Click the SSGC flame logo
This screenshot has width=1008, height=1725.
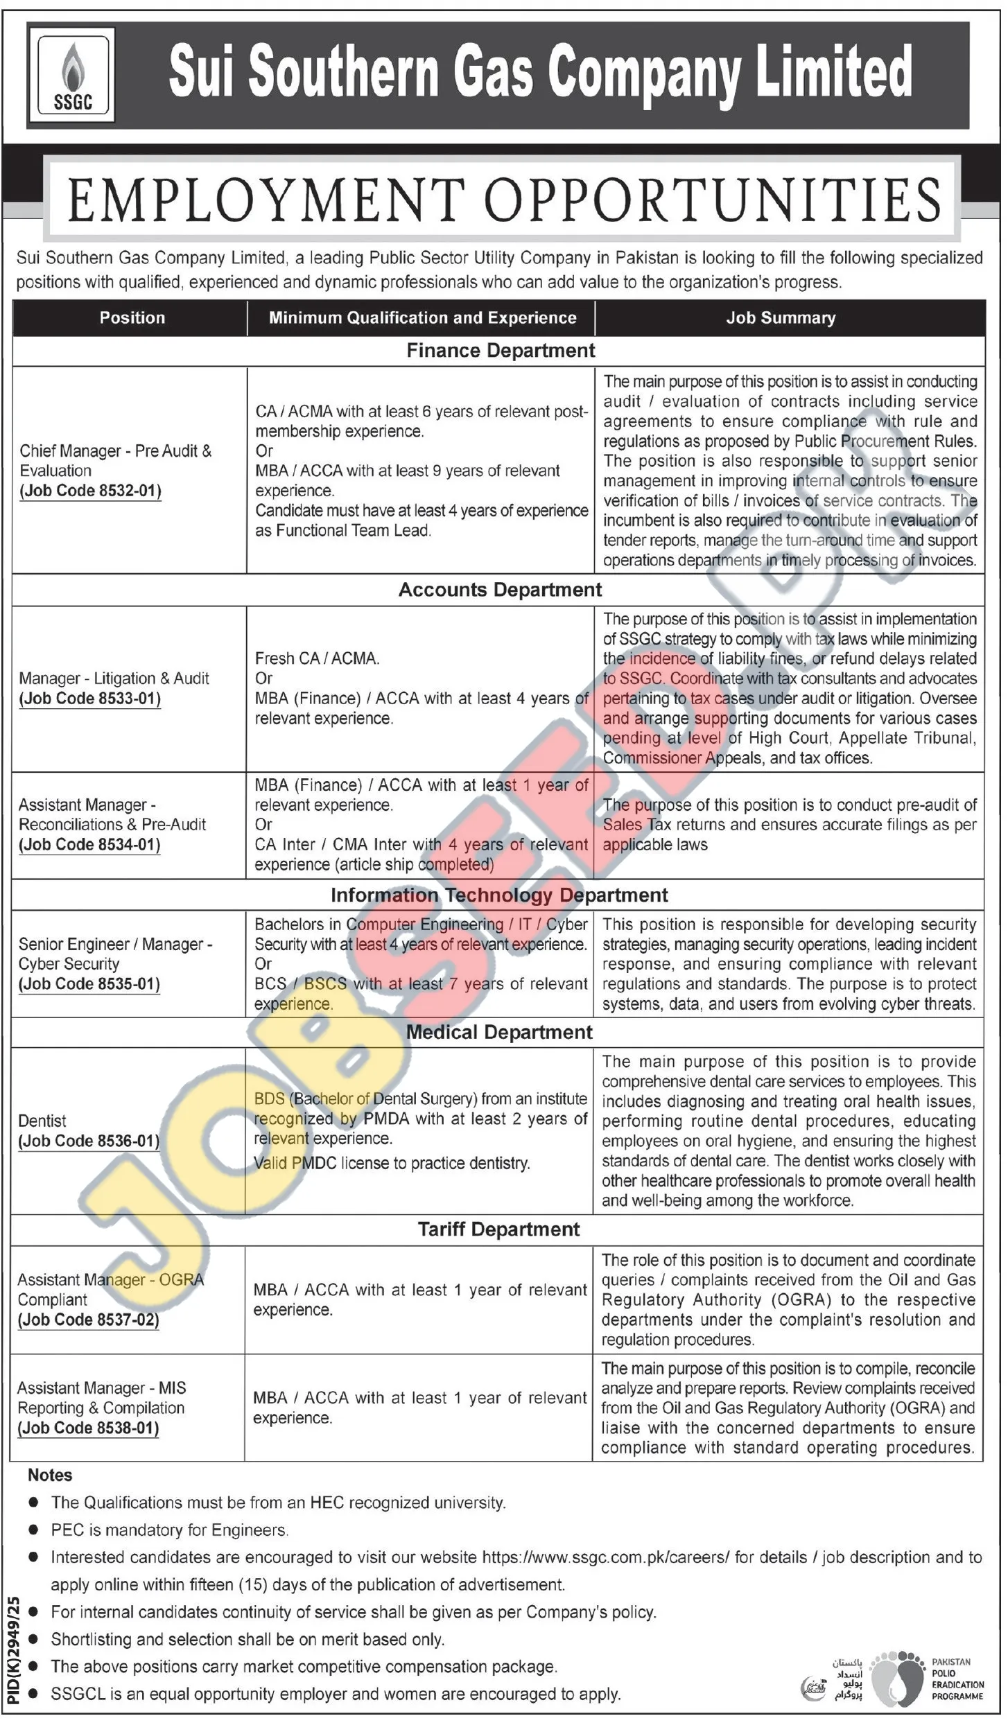coord(72,76)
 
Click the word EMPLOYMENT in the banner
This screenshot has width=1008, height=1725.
coord(266,200)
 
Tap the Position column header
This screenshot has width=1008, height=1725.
coord(132,318)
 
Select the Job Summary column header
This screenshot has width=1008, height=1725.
coord(781,318)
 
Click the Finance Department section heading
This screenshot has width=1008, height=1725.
coord(501,351)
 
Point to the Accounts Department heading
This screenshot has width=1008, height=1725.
coord(500,590)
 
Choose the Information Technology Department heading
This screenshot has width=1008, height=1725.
coord(499,895)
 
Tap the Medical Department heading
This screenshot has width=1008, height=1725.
coord(499,1032)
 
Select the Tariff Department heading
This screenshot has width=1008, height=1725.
coord(498,1229)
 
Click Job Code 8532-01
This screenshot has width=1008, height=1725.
coord(90,491)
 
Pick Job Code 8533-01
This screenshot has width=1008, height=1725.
coord(90,698)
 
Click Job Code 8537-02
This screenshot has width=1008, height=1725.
coord(89,1320)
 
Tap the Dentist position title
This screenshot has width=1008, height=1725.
coord(42,1121)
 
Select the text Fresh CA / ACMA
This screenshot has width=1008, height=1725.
coord(317,658)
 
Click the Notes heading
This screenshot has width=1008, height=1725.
coord(50,1475)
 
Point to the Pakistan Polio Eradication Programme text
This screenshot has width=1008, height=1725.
coord(957,1679)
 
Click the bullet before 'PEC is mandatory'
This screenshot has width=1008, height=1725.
coord(33,1530)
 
